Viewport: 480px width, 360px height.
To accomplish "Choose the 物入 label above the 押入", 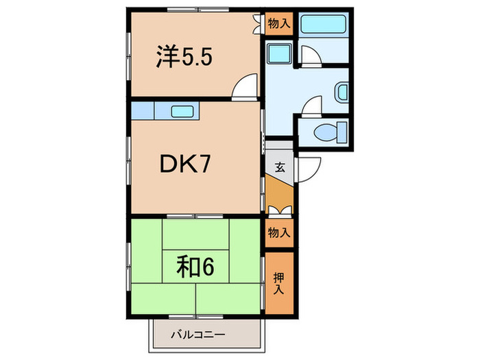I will click(279, 232).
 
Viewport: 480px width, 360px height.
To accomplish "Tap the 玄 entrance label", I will click(280, 166).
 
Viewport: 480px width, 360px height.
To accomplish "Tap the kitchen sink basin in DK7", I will click(182, 111).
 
